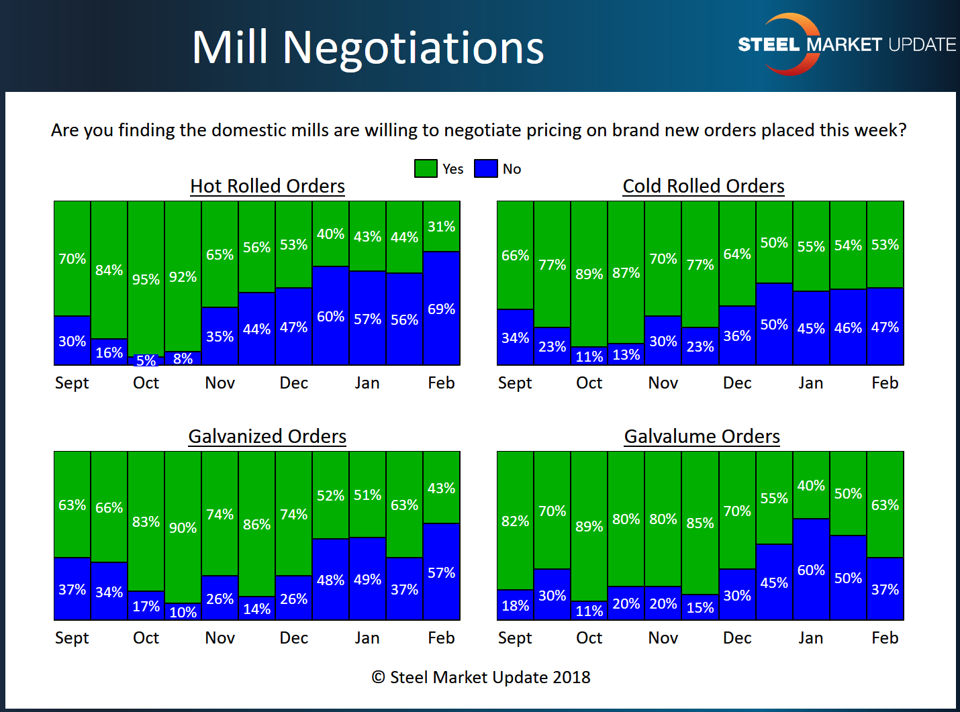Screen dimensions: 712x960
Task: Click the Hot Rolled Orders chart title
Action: click(267, 186)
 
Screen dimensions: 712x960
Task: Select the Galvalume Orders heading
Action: click(702, 436)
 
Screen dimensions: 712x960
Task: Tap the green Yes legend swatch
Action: click(426, 168)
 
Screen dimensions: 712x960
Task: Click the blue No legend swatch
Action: click(485, 168)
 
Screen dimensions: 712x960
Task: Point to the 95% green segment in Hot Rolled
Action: click(146, 278)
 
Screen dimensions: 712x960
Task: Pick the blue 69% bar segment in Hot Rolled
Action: click(441, 309)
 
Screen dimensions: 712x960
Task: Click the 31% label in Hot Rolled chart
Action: click(441, 227)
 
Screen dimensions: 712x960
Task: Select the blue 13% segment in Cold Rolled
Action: click(626, 354)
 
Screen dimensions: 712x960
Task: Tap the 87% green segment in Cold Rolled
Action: click(626, 272)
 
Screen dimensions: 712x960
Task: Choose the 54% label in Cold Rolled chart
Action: click(848, 246)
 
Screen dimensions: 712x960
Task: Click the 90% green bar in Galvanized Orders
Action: click(183, 527)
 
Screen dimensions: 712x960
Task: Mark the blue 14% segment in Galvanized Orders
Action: click(256, 609)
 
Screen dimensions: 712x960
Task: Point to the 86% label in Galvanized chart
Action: click(256, 524)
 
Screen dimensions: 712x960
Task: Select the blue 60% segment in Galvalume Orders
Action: click(811, 570)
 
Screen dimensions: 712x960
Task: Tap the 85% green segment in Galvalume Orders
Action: click(700, 523)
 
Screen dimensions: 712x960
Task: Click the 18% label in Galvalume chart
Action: click(515, 605)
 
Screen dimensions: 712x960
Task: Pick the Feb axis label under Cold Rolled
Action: click(885, 383)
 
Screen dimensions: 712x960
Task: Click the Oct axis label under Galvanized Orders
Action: click(146, 638)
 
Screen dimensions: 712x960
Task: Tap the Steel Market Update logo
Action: click(846, 44)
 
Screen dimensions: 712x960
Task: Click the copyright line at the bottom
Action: click(481, 677)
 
